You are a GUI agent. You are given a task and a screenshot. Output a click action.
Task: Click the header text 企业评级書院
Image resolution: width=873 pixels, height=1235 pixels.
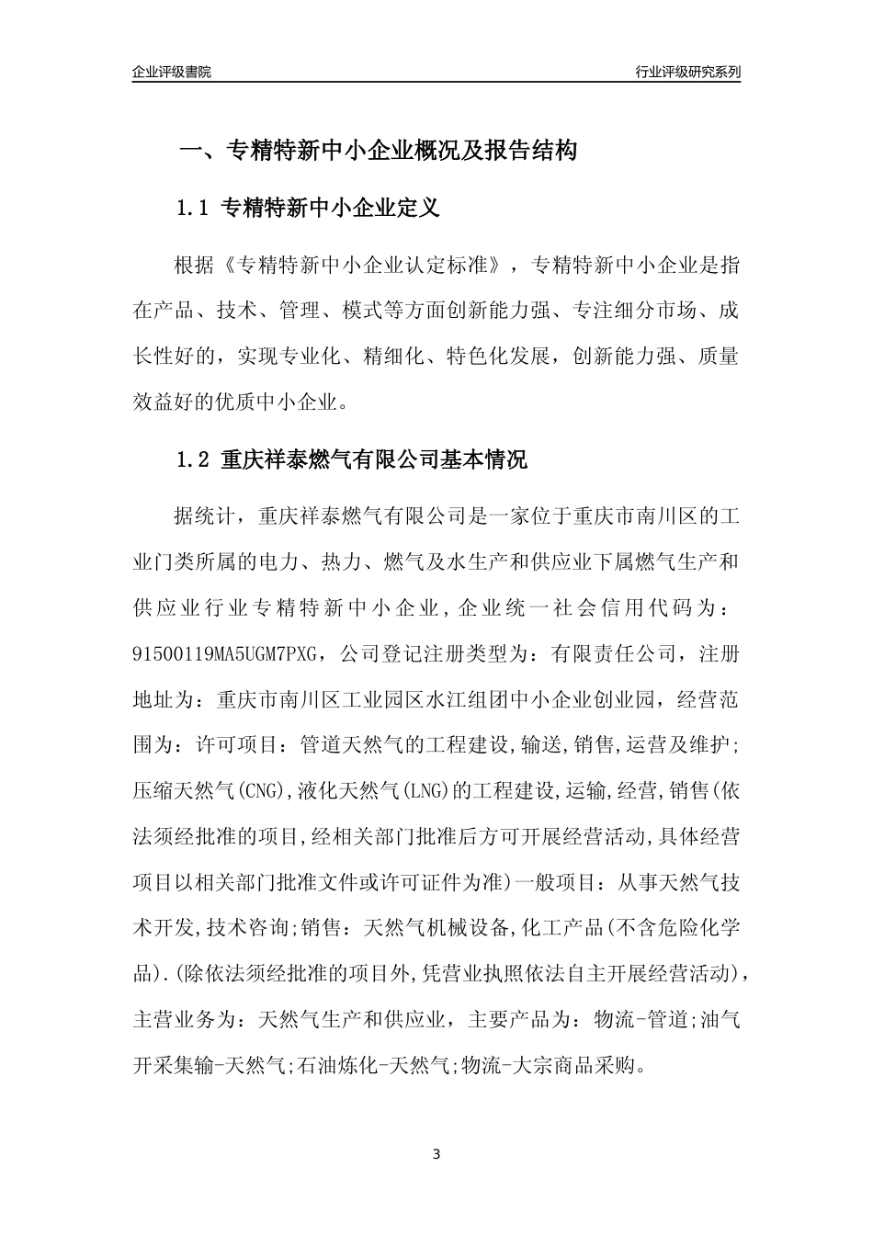coord(172,72)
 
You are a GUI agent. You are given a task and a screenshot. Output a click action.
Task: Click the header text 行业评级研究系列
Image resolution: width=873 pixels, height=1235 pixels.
coord(687,72)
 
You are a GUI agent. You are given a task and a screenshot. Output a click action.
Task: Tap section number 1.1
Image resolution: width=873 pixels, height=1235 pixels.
coord(193,209)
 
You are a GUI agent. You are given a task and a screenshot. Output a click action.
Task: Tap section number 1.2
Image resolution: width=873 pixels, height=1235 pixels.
coord(193,459)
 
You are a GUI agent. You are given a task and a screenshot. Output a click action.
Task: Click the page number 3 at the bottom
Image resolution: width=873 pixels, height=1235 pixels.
coord(436,1153)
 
